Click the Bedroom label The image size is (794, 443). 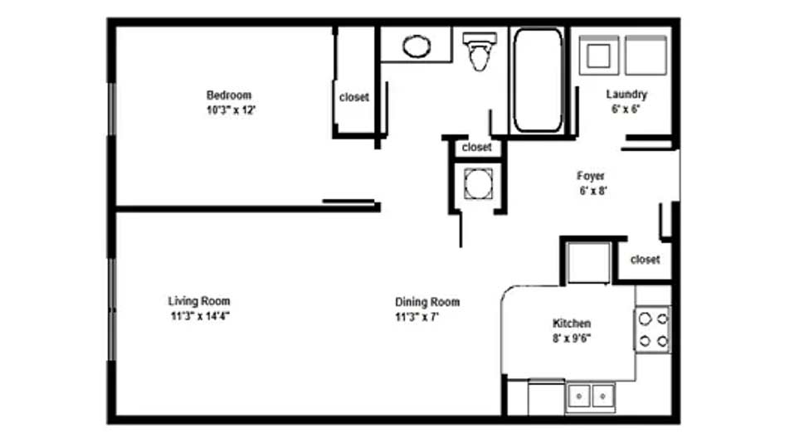[x=229, y=95]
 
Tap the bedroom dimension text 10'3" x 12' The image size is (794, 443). [x=231, y=110]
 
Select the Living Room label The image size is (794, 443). [x=199, y=301]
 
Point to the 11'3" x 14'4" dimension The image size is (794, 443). [x=200, y=316]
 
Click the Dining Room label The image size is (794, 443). [x=427, y=302]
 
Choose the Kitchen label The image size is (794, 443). [x=572, y=324]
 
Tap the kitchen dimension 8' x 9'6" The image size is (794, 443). [x=572, y=338]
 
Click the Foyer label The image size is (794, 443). [x=591, y=176]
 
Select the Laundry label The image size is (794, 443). [x=626, y=95]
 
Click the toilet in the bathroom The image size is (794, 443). [x=480, y=51]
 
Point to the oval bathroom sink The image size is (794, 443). [x=416, y=46]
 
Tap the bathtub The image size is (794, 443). [x=538, y=80]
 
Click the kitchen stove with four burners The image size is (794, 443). [x=653, y=329]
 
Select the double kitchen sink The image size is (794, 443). [x=591, y=397]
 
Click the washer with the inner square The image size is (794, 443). [x=598, y=56]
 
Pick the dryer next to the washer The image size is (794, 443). [x=645, y=56]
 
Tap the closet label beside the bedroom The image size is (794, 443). [x=354, y=97]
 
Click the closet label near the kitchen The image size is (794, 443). [x=645, y=260]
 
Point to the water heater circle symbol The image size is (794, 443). [x=478, y=184]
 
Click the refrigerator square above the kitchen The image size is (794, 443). [x=589, y=263]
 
